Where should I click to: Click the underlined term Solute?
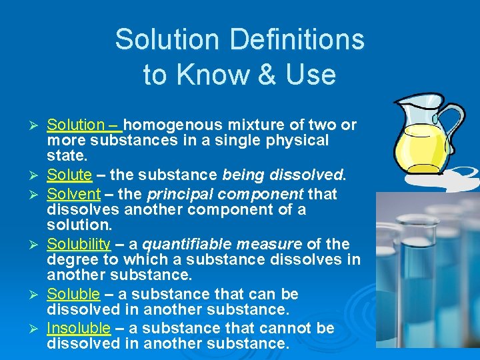[x=69, y=175]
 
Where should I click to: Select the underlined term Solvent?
[x=73, y=194]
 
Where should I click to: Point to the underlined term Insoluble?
[x=78, y=327]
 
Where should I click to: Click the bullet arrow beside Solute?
[x=37, y=176]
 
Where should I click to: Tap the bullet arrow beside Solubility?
[x=37, y=244]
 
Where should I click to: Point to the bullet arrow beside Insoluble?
[x=37, y=328]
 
